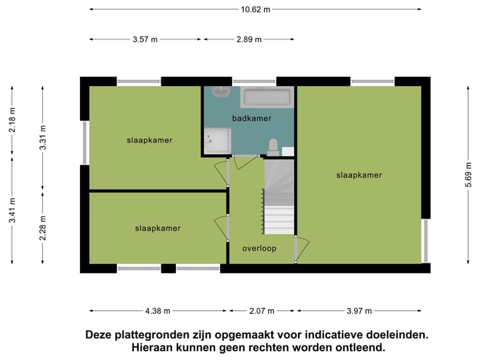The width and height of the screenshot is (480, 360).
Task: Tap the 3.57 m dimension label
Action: (145, 39)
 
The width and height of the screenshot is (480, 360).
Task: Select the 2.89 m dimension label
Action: (250, 39)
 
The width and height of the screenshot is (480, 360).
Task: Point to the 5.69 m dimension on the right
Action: (467, 175)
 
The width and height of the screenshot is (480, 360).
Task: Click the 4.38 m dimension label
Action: (158, 311)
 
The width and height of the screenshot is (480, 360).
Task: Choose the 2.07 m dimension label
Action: (262, 311)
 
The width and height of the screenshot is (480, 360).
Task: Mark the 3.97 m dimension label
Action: (359, 311)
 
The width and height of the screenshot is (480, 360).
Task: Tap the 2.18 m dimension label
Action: (12, 121)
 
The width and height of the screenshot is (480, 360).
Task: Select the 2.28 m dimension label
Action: (42, 227)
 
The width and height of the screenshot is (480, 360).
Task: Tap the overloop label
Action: (259, 248)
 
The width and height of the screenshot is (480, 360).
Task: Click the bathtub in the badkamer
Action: (267, 98)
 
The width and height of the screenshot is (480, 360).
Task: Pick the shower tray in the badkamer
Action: (218, 141)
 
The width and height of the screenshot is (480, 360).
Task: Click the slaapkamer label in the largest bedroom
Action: (359, 175)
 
